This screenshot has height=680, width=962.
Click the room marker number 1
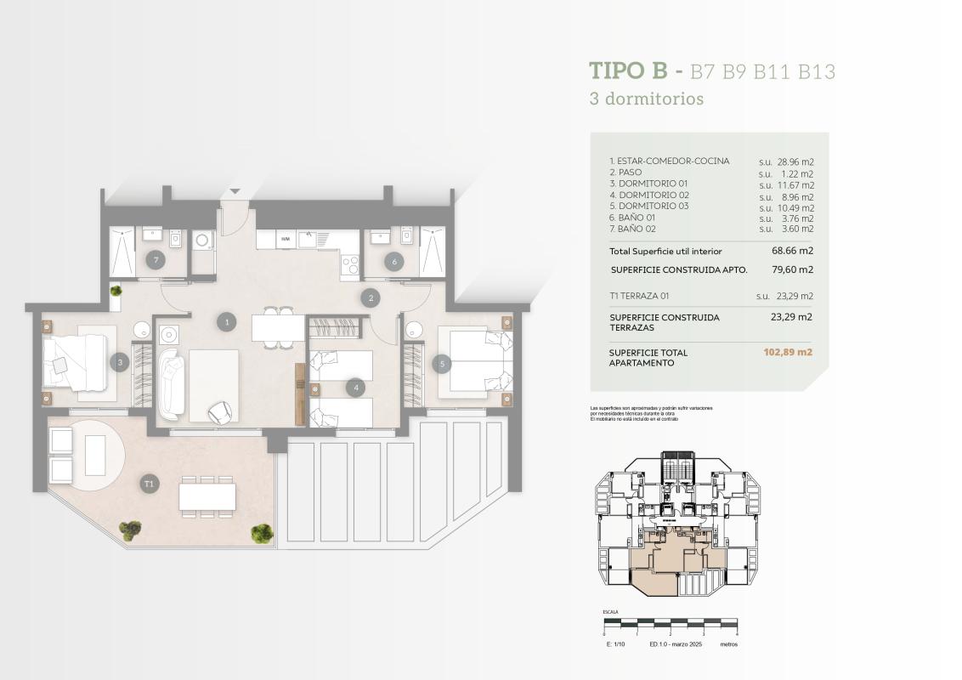point(225,321)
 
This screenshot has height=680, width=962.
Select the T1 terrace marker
point(150,484)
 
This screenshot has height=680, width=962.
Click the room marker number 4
point(356,388)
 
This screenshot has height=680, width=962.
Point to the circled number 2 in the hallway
point(370,297)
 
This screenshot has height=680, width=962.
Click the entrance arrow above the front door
point(235,192)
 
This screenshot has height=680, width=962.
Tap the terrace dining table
point(207,496)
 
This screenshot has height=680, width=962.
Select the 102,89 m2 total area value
point(788,352)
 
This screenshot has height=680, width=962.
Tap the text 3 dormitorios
point(647,99)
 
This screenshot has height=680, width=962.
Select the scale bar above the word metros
point(670,623)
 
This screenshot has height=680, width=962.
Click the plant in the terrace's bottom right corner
point(262,533)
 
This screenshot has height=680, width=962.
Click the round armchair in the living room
point(220,411)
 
